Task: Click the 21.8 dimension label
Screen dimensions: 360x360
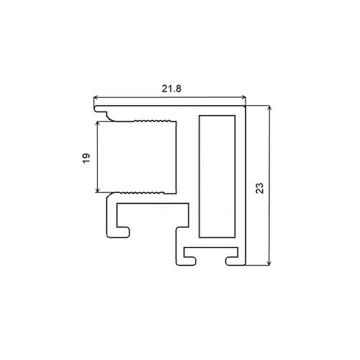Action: pos(171,89)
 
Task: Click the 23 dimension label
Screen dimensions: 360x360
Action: pos(260,188)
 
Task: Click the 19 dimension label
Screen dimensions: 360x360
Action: pos(86,158)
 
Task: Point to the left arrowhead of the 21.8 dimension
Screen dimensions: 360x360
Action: pos(95,97)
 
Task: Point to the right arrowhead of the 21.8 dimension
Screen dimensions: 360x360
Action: pos(244,97)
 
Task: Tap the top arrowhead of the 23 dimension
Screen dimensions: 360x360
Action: pos(269,107)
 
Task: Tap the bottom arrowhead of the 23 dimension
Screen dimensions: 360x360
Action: pos(269,263)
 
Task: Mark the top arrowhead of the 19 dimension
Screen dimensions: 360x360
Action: pos(97,123)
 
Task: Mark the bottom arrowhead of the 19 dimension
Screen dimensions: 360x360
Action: pos(97,190)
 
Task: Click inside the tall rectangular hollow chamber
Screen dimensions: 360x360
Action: pos(217,176)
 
